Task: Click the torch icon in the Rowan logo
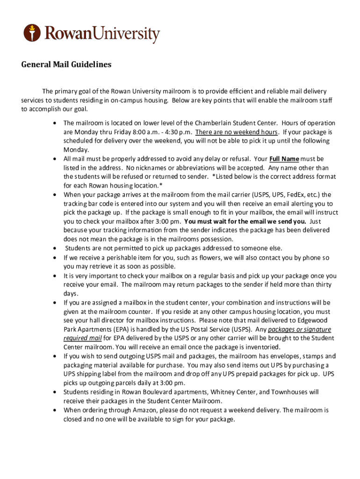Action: pyautogui.click(x=32, y=33)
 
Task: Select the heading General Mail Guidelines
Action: pyautogui.click(x=66, y=65)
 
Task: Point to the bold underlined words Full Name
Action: pyautogui.click(x=284, y=159)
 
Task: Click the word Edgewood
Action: pyautogui.click(x=313, y=320)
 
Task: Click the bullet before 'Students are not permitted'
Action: pyautogui.click(x=56, y=248)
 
